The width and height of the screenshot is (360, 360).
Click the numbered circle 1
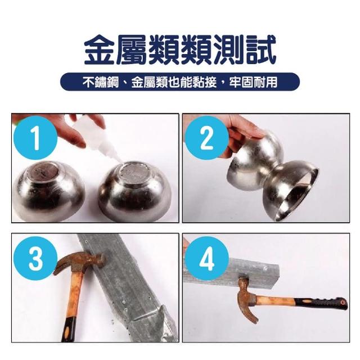click(x=35, y=138)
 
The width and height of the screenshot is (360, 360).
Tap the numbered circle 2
click(x=206, y=138)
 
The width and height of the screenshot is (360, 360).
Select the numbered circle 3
click(x=35, y=258)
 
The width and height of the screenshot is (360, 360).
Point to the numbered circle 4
click(x=206, y=258)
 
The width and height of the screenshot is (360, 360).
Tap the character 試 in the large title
click(x=260, y=50)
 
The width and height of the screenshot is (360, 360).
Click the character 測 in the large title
click(x=228, y=50)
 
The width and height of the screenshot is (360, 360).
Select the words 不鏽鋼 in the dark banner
click(x=101, y=82)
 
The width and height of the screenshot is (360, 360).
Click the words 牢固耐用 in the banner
click(x=253, y=82)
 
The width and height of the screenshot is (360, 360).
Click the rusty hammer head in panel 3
click(x=79, y=262)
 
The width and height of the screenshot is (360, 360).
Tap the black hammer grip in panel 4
click(x=321, y=303)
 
